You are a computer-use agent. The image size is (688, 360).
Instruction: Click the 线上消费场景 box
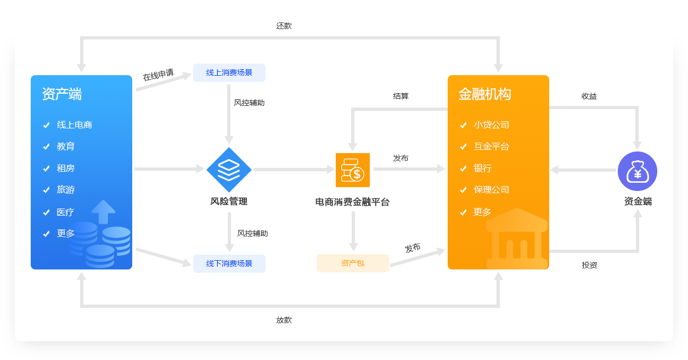click(x=229, y=72)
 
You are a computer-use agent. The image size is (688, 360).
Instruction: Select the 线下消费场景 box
click(x=229, y=263)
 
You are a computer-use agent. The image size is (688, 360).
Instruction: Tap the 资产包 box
click(x=353, y=263)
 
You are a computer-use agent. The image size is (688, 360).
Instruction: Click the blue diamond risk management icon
click(x=229, y=170)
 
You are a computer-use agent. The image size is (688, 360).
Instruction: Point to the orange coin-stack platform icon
click(x=353, y=170)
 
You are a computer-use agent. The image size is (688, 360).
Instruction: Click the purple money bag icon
click(x=638, y=171)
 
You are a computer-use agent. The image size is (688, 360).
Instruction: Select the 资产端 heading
click(x=62, y=94)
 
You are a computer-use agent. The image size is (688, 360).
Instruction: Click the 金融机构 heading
click(x=484, y=94)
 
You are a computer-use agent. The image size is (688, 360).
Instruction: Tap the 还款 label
click(x=284, y=26)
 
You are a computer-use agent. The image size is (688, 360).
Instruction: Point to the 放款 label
click(x=284, y=320)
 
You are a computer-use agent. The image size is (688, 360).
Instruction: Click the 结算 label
click(x=401, y=96)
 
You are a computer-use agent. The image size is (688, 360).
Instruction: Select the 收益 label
click(x=589, y=96)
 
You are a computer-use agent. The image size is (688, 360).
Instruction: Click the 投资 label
click(x=590, y=265)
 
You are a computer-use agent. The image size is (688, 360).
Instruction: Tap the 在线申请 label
click(x=158, y=75)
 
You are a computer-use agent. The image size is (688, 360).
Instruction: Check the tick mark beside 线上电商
click(x=47, y=125)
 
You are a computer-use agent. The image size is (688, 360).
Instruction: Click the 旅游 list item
click(x=66, y=190)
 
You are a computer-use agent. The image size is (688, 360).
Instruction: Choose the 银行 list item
click(x=483, y=168)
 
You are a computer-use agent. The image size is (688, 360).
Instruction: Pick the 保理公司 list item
click(x=492, y=190)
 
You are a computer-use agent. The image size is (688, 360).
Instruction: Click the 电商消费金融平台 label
click(x=352, y=202)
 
